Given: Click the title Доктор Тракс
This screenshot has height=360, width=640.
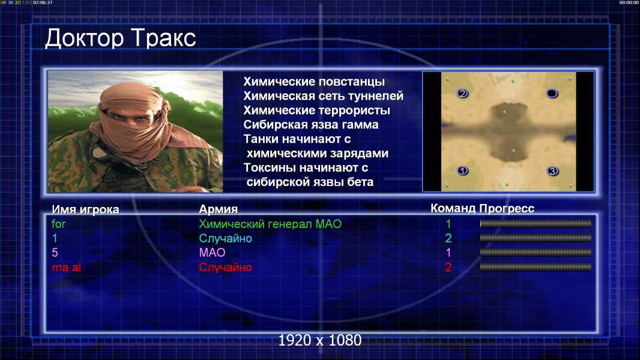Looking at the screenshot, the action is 121,38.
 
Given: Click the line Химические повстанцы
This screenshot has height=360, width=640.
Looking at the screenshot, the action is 314,82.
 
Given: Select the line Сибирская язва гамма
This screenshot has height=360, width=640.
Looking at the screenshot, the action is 310,124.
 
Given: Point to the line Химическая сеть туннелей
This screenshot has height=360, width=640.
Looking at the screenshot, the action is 323,96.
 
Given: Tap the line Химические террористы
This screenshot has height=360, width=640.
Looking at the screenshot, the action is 317,110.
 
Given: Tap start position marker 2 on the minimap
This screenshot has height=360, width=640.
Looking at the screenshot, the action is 462,94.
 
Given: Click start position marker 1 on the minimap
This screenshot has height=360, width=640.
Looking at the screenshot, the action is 462,170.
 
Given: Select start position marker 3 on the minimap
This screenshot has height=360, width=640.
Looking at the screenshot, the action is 552,171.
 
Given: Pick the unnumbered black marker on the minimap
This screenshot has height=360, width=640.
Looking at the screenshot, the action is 552,94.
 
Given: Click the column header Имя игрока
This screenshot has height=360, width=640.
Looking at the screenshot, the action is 85,209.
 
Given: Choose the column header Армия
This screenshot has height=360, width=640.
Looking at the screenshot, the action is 219,209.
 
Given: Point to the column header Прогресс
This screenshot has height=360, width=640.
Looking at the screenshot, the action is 507,209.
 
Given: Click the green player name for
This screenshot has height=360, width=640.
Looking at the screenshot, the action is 58,224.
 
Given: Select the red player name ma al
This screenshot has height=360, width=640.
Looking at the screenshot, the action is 66,268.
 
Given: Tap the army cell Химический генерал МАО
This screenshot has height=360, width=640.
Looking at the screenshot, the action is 270,224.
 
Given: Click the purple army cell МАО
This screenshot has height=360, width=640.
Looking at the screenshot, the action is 213,253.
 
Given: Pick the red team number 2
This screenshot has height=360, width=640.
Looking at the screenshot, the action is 448,268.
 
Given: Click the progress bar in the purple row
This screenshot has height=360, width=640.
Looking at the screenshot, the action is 536,253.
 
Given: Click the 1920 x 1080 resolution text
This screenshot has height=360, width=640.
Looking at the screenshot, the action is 319,340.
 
